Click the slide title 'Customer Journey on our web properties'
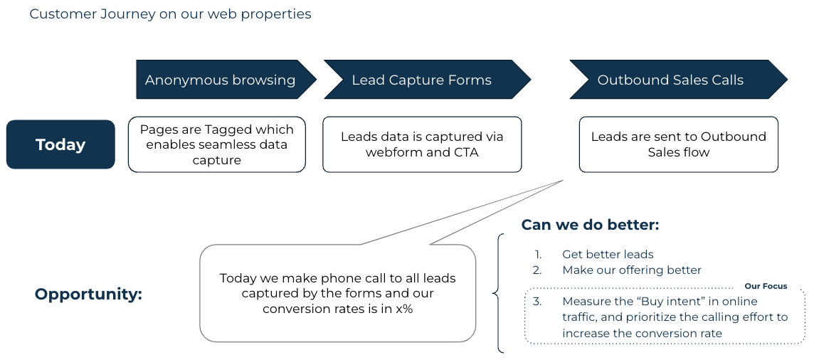[170, 14]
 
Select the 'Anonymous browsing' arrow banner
[221, 80]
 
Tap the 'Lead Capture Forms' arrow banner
[421, 80]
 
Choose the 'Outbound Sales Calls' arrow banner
[670, 80]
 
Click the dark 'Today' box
[60, 144]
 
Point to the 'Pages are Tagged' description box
[216, 144]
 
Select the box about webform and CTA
[421, 144]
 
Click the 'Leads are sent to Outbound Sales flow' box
[678, 144]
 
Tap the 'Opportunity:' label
[88, 294]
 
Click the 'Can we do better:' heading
[590, 225]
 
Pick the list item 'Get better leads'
[607, 254]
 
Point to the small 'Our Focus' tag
[766, 286]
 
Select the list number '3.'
[537, 301]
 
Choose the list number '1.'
[538, 254]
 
